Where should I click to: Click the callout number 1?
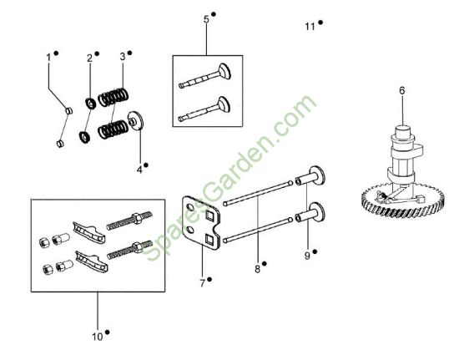(48, 58)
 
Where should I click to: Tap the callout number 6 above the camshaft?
(402, 91)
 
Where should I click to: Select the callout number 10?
(98, 337)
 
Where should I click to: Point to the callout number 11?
(310, 27)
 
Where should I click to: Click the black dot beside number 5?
(214, 13)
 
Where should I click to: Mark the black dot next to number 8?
(264, 264)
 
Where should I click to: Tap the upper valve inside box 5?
(205, 76)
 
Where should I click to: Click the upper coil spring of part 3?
(113, 97)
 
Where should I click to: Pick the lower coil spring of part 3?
(113, 129)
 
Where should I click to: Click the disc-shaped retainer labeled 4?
(135, 120)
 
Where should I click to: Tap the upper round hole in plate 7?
(189, 208)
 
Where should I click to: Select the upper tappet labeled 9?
(310, 176)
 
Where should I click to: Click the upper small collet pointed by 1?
(68, 111)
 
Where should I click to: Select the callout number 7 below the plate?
(203, 283)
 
